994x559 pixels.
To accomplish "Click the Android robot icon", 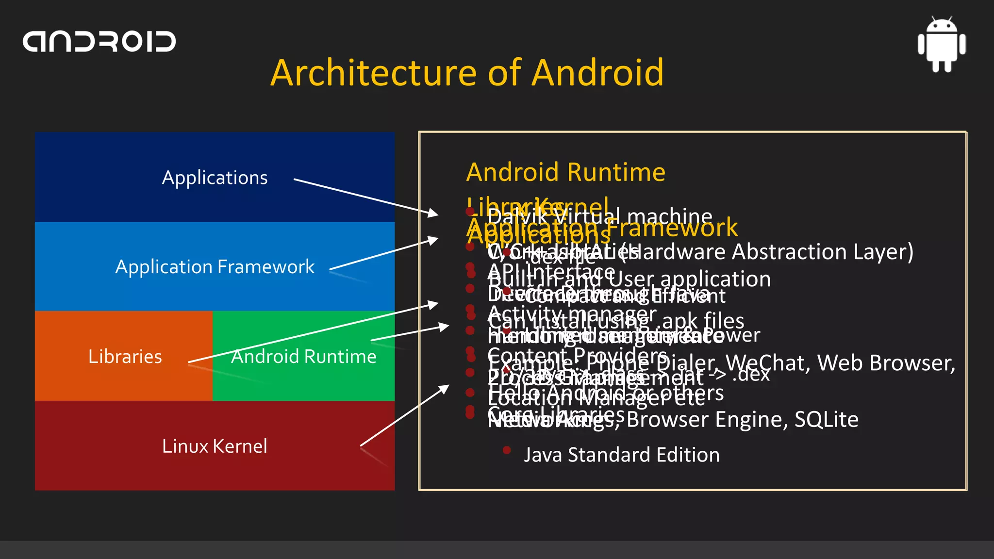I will (942, 45).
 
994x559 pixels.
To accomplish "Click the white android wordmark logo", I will (99, 42).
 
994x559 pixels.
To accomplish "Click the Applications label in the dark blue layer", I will (215, 178).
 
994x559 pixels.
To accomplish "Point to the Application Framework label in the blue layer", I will (215, 267).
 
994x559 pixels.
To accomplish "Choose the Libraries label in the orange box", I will (125, 357).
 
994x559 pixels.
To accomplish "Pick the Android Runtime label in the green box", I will (303, 357).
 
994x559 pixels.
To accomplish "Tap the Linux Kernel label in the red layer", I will (215, 446).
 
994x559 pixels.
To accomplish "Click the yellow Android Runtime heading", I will (565, 172).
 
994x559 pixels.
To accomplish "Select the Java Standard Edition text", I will (621, 455).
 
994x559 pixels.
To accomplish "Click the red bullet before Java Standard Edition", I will (507, 450).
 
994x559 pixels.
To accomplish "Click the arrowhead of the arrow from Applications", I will (433, 213).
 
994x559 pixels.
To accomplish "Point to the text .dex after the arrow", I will (751, 374).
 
